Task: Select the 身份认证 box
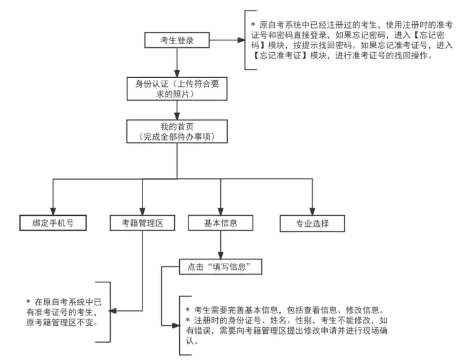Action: click(x=177, y=88)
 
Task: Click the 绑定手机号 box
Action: click(x=52, y=222)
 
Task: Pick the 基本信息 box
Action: click(x=220, y=222)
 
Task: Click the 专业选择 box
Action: click(x=312, y=222)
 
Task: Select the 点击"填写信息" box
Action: click(x=220, y=267)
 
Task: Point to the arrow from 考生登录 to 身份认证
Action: click(x=177, y=62)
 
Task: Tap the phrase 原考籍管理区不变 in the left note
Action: click(x=60, y=323)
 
